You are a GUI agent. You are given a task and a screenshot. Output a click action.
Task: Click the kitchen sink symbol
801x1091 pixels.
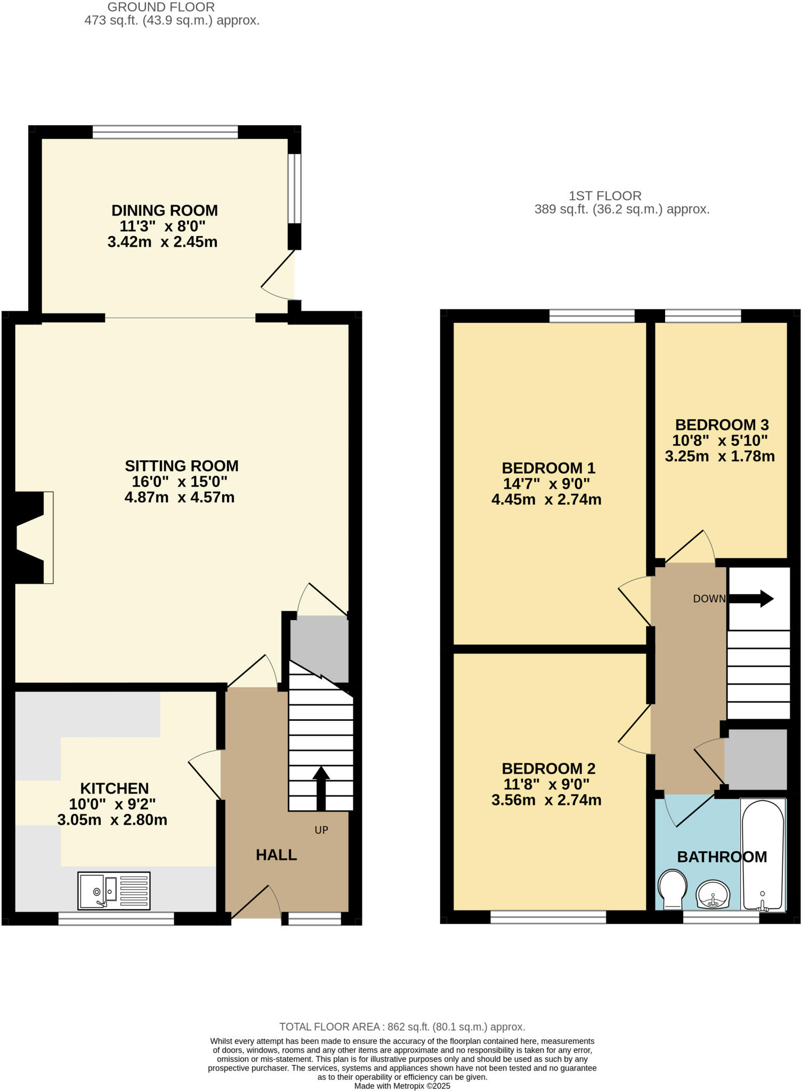(114, 890)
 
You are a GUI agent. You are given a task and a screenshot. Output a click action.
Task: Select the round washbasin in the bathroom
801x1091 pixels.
(713, 894)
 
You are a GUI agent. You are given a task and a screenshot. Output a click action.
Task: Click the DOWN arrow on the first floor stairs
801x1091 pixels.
(752, 598)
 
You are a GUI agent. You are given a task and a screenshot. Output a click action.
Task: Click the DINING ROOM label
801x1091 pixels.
(164, 210)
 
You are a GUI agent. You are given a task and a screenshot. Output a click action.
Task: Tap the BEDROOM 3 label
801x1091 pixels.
(722, 425)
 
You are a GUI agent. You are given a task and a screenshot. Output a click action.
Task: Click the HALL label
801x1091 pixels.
(276, 855)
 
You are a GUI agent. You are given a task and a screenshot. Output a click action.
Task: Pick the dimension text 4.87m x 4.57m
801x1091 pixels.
(180, 498)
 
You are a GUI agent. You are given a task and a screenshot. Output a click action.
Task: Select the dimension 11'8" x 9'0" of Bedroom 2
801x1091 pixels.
(546, 784)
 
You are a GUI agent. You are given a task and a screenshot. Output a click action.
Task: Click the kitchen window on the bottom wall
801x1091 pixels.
(116, 918)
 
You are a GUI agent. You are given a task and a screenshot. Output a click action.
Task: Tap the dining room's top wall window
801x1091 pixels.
(165, 132)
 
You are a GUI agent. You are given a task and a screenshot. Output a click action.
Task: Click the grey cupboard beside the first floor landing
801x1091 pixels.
(756, 759)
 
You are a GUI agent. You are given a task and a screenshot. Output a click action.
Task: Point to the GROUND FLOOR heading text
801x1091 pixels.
(161, 7)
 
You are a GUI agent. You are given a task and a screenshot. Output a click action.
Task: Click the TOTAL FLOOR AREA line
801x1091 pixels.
(402, 1027)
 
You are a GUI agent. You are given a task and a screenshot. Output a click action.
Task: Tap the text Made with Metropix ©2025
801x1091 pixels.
(402, 1086)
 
